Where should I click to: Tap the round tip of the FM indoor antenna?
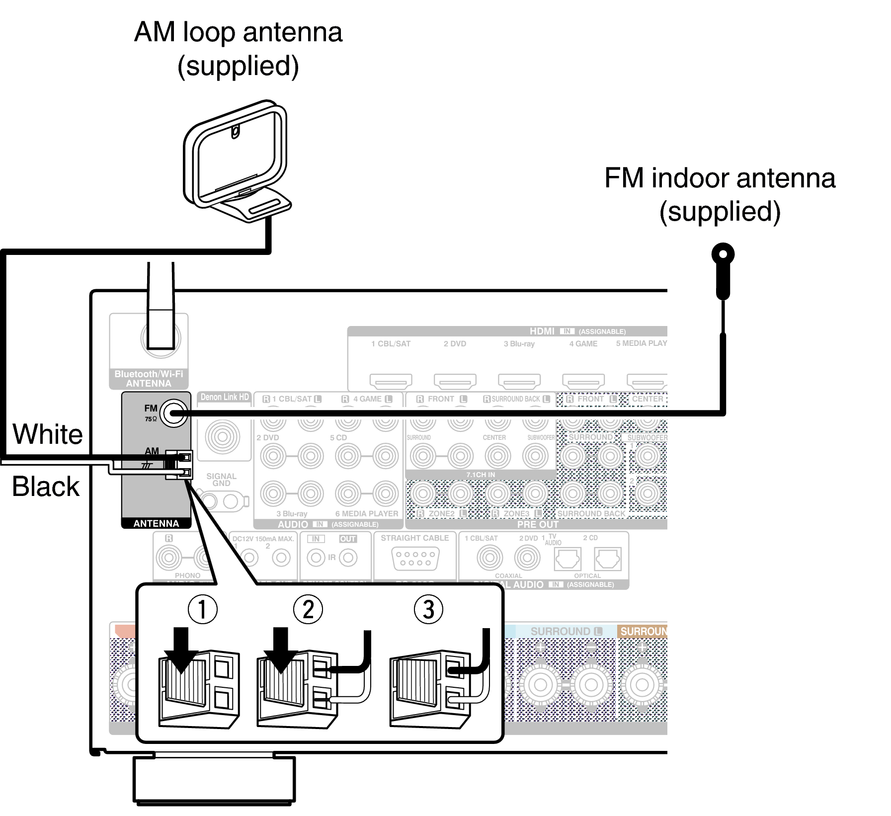click(723, 255)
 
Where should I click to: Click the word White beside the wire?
click(48, 434)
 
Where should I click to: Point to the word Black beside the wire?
click(46, 486)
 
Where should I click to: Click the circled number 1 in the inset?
click(202, 609)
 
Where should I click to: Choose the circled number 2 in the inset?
click(308, 609)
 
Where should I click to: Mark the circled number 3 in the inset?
click(428, 609)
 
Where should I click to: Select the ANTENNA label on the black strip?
click(156, 523)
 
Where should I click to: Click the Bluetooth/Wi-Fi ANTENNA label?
click(149, 379)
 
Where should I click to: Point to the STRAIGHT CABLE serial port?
click(415, 558)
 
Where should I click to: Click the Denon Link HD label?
click(225, 397)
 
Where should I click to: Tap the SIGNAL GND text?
click(221, 480)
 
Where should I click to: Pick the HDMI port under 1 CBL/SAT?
click(391, 381)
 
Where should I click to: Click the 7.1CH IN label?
click(480, 475)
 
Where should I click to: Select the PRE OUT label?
click(538, 524)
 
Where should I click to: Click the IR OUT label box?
click(348, 539)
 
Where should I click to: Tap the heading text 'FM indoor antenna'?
click(720, 178)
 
